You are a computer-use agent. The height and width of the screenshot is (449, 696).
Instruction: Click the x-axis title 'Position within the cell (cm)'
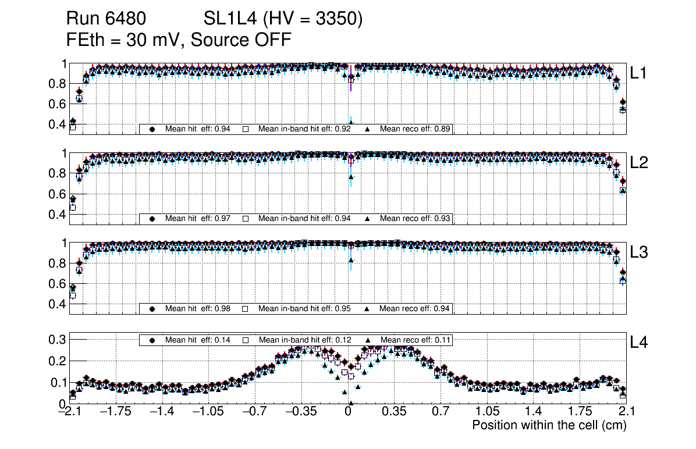549,425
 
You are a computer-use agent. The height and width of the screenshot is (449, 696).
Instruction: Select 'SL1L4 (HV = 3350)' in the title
283,19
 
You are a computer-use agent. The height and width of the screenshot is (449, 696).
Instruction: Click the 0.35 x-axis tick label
394,412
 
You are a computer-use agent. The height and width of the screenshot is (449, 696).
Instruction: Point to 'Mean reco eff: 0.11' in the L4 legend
416,340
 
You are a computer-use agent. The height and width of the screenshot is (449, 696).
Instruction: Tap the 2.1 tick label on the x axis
619,412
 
